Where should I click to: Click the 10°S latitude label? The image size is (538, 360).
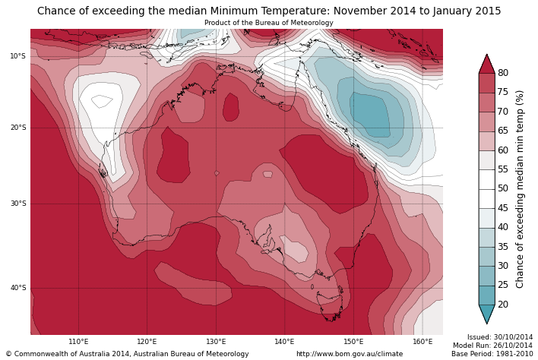17,56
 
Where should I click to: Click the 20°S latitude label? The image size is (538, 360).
17,128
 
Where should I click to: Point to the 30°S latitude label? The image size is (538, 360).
17,204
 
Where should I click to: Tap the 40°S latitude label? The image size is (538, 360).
17,288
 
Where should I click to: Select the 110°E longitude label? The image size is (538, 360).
78,342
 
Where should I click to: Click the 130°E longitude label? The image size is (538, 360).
216,342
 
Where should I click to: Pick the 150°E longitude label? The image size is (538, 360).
353,342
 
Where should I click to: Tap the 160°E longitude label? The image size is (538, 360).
422,342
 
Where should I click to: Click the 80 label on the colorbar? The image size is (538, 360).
503,73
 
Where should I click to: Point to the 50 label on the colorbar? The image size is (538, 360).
503,188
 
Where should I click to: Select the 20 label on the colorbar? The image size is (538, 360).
503,305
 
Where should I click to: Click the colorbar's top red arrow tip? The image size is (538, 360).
486,55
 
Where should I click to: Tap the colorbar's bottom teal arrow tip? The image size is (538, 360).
486,323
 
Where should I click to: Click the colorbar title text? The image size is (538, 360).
521,189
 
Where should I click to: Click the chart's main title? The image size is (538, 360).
269,11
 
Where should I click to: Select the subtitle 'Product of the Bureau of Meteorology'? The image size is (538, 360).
269,23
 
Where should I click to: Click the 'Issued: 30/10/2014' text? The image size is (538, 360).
499,336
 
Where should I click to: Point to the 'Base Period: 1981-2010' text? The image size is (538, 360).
492,354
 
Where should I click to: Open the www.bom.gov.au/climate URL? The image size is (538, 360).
350,354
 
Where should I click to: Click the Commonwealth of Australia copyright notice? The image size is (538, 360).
128,354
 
